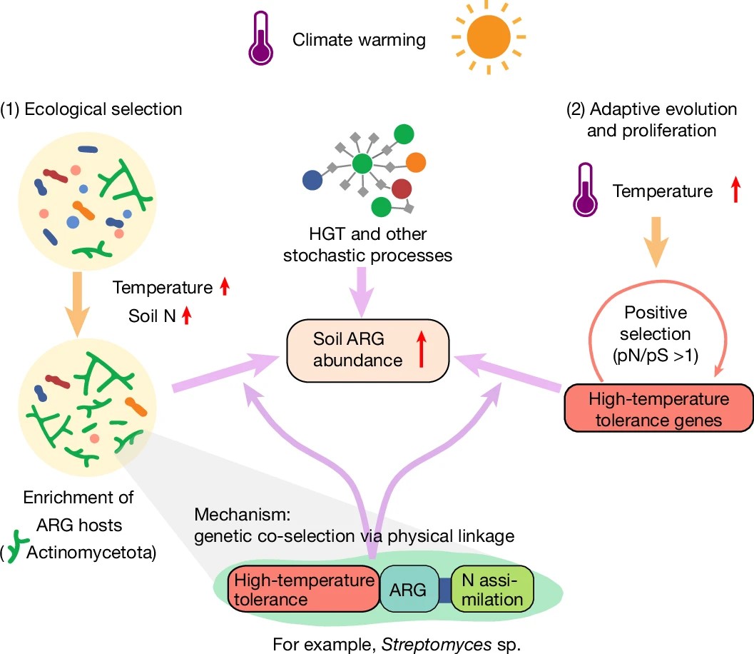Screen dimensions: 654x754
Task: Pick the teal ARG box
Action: point(409,590)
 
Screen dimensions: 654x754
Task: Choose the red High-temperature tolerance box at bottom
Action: point(303,590)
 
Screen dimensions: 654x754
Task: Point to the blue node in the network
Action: point(312,179)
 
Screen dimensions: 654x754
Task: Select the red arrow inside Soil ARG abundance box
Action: point(421,351)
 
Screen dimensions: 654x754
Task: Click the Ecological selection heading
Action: point(91,109)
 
